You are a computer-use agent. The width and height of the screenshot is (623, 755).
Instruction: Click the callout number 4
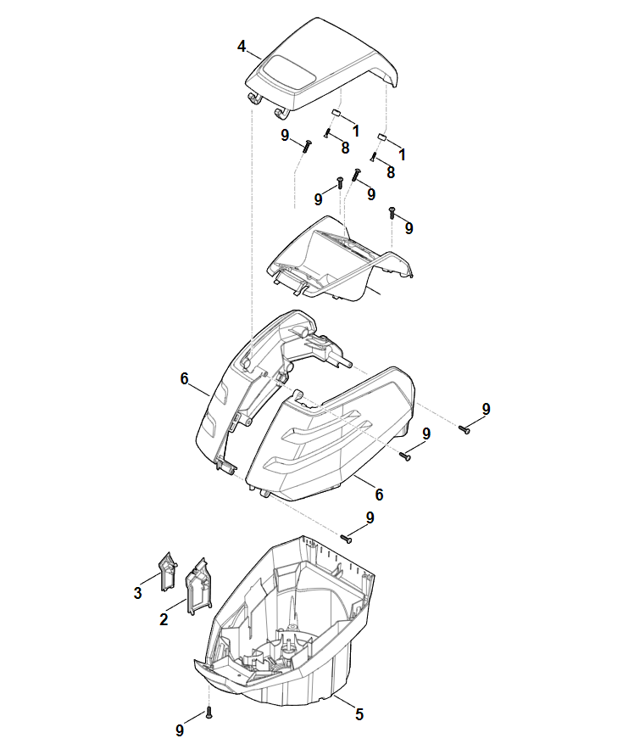tap(242, 47)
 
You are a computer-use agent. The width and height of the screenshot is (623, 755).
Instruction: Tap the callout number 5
tap(359, 713)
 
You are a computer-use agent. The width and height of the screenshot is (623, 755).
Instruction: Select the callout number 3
tap(138, 592)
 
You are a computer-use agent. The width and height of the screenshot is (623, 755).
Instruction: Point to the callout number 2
tap(164, 619)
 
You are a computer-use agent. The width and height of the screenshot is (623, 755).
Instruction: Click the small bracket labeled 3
tap(168, 571)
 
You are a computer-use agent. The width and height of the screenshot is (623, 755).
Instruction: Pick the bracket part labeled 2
tap(198, 586)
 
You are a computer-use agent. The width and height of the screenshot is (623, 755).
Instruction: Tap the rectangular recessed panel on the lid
tap(286, 73)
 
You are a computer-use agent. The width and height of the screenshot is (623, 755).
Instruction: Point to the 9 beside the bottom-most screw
tap(180, 730)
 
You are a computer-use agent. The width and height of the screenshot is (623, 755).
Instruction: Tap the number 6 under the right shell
tap(379, 495)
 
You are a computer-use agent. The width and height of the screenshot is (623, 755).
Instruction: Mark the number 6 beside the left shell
tap(184, 379)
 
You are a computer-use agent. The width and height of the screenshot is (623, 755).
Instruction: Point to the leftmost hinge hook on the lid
tap(254, 98)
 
